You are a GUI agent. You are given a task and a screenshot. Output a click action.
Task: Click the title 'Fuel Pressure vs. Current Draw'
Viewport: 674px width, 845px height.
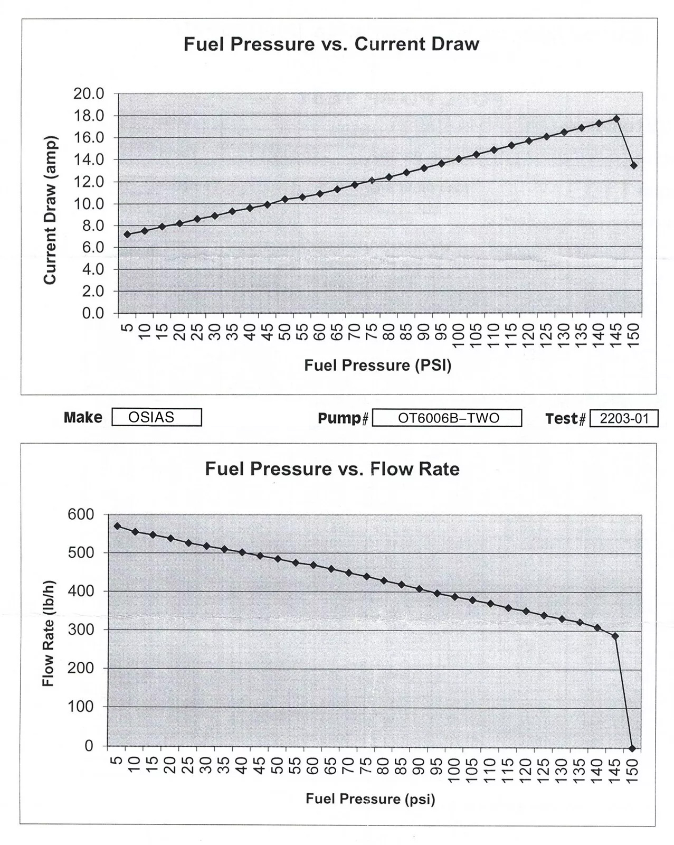(331, 44)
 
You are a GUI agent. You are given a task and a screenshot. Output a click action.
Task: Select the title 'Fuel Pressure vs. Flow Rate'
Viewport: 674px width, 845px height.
(332, 468)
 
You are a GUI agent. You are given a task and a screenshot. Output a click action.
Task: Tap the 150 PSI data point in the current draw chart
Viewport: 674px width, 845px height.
(634, 165)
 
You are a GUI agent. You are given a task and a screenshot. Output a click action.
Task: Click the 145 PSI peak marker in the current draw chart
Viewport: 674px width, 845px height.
(616, 119)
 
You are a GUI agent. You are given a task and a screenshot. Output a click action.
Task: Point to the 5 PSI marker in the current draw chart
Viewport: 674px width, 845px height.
(127, 234)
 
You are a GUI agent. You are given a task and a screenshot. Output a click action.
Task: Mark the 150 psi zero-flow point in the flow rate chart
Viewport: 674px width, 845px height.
(632, 748)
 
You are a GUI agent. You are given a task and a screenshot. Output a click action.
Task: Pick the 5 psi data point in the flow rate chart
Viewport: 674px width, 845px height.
(117, 526)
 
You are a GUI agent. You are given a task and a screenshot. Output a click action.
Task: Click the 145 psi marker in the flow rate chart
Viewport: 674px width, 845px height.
(615, 636)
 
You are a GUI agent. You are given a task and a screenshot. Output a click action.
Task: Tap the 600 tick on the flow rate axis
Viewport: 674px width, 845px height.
(81, 514)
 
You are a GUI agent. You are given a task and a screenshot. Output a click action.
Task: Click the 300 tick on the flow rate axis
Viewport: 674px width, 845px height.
(81, 630)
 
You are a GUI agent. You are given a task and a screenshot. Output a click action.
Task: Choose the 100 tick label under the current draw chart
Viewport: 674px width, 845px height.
(458, 335)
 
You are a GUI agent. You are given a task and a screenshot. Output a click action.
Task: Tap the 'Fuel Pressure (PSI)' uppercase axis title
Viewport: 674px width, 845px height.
(377, 365)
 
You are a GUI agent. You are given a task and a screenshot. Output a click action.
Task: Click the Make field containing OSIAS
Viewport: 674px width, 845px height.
(156, 417)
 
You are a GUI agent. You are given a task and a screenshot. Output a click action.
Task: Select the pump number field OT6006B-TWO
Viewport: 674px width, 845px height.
(447, 418)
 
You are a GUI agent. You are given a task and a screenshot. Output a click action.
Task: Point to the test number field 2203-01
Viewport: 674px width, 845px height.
(623, 419)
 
